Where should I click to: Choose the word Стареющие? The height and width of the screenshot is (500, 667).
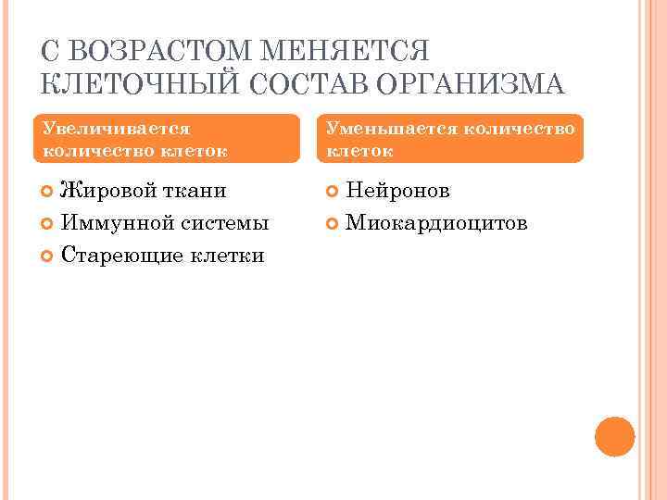118,256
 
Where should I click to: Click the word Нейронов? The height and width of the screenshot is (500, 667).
397,191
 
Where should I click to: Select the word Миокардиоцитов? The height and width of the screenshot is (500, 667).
435,223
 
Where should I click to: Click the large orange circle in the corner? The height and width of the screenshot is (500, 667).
614,436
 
